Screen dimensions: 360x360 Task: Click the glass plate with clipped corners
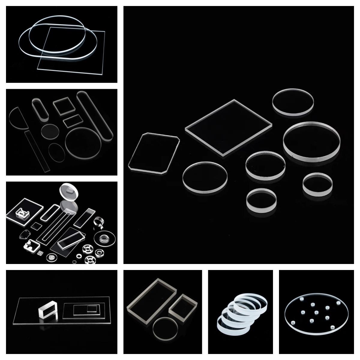click(x=154, y=153)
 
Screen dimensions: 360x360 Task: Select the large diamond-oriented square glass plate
click(x=228, y=127)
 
